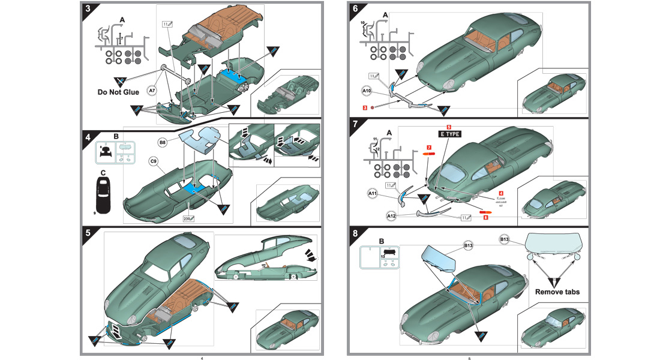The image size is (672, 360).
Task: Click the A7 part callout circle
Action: pyautogui.click(x=152, y=91)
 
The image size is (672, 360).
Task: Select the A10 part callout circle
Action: pyautogui.click(x=367, y=91)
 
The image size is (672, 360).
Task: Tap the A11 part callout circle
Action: pyautogui.click(x=373, y=194)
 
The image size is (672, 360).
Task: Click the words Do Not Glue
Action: pyautogui.click(x=118, y=92)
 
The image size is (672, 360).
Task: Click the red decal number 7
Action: pyautogui.click(x=429, y=147)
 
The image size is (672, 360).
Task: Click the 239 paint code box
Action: pyautogui.click(x=188, y=220)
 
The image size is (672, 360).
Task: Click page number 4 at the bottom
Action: pyautogui.click(x=202, y=358)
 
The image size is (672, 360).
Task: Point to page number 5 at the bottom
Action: pyautogui.click(x=469, y=358)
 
